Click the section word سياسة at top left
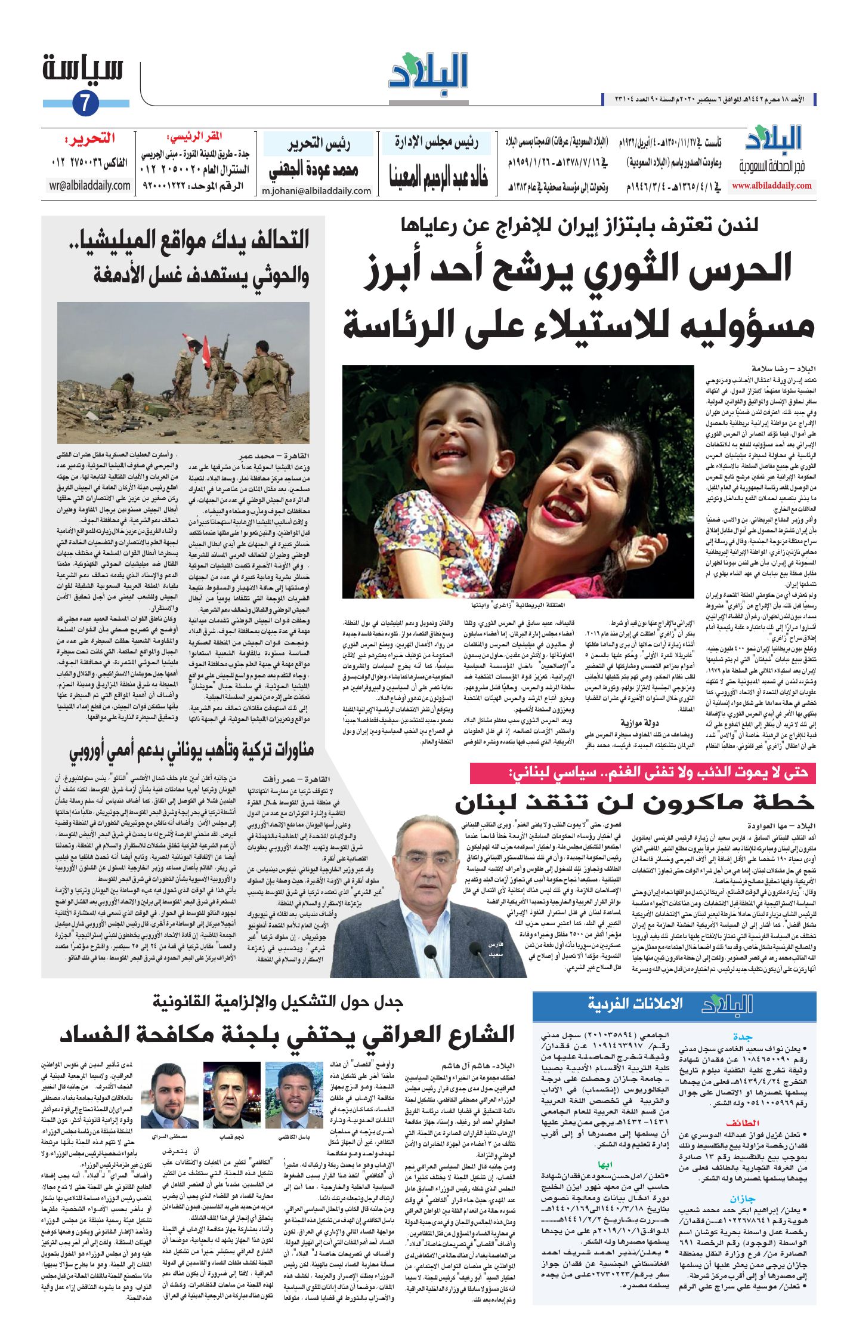coord(83,69)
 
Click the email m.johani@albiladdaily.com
coord(316,191)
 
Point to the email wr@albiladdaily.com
coord(90,185)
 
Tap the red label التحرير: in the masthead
coord(90,140)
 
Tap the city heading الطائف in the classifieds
coord(742,1123)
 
